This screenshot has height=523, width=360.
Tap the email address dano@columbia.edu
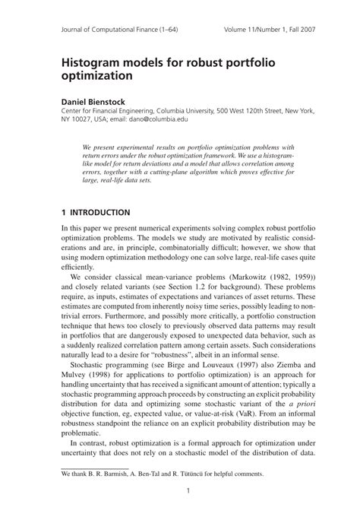click(x=172, y=120)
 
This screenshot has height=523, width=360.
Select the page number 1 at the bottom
click(x=187, y=490)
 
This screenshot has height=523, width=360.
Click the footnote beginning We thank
click(x=162, y=473)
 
